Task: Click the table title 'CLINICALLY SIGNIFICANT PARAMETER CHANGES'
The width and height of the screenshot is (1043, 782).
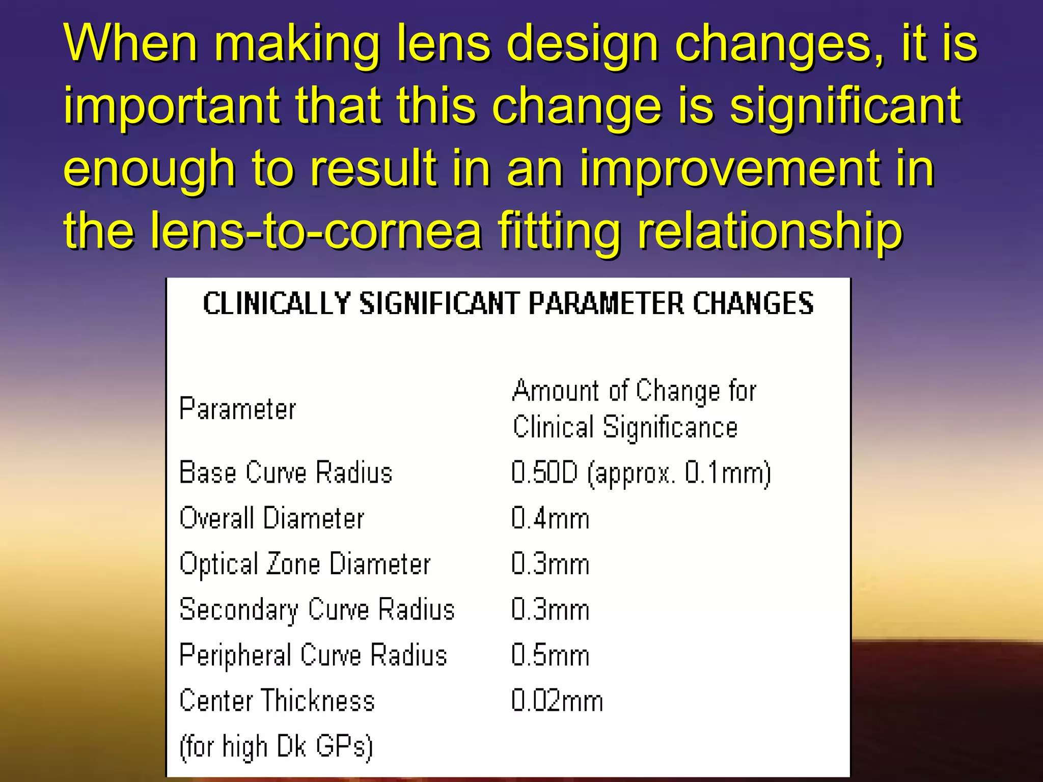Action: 508,303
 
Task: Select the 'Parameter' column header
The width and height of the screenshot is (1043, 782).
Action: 237,409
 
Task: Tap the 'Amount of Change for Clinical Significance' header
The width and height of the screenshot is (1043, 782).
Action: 634,409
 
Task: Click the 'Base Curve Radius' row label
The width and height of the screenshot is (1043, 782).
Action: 286,472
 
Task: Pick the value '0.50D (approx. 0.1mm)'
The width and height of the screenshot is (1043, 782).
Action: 641,473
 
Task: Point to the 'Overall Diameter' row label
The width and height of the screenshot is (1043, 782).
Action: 272,518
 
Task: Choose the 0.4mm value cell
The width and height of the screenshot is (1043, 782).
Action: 551,519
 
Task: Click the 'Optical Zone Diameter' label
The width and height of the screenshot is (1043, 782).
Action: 305,564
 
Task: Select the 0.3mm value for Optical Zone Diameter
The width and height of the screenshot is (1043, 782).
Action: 551,564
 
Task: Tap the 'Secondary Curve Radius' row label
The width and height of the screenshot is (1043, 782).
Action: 317,609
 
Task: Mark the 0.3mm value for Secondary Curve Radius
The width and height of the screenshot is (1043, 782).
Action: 551,609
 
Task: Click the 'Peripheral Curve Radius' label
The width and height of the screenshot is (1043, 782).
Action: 313,655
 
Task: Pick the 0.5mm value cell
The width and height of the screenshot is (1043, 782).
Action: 551,655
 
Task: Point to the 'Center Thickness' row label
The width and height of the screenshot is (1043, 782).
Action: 277,701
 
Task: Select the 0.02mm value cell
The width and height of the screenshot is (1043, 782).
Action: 557,701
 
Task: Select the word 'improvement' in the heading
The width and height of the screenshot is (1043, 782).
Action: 729,169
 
